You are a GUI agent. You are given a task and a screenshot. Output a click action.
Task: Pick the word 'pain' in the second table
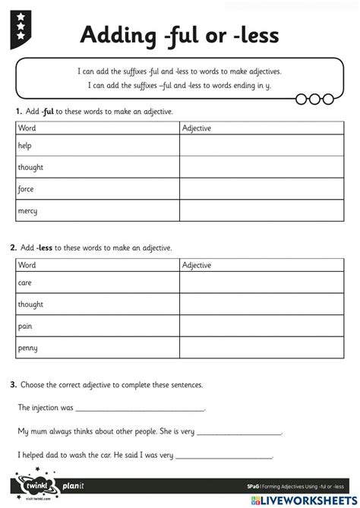(24, 326)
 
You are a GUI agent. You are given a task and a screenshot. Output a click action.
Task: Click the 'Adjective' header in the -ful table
(197, 128)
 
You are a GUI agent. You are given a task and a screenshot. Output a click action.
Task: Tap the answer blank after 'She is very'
(239, 432)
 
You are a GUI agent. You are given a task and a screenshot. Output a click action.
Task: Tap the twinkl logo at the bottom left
(36, 483)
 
